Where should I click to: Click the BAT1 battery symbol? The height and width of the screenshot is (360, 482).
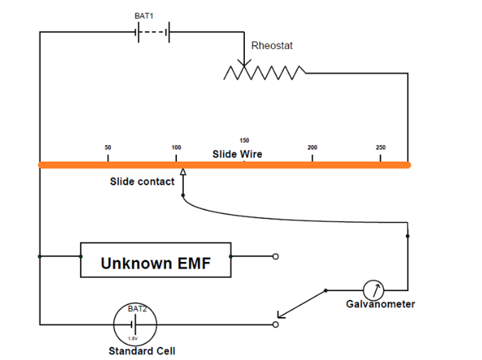pyautogui.click(x=153, y=32)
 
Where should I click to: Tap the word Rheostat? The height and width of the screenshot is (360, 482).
pyautogui.click(x=272, y=46)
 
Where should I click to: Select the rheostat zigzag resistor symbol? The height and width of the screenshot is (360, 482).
pyautogui.click(x=265, y=71)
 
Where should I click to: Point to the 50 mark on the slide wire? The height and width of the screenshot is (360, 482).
pyautogui.click(x=108, y=148)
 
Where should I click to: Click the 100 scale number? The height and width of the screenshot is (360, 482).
pyautogui.click(x=176, y=148)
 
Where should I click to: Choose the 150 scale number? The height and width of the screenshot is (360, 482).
pyautogui.click(x=244, y=140)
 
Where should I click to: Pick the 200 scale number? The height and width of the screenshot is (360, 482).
pyautogui.click(x=313, y=148)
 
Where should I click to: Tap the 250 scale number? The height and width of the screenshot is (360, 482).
pyautogui.click(x=380, y=148)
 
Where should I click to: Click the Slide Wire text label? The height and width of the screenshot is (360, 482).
pyautogui.click(x=237, y=154)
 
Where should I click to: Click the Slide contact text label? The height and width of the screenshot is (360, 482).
pyautogui.click(x=142, y=182)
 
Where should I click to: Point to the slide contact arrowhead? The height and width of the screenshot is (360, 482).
pyautogui.click(x=183, y=173)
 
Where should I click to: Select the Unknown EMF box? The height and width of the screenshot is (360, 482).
pyautogui.click(x=156, y=260)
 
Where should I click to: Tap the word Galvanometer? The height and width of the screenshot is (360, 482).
pyautogui.click(x=380, y=304)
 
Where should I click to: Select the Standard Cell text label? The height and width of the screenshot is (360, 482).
pyautogui.click(x=142, y=351)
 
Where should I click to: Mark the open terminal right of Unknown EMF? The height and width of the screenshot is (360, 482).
pyautogui.click(x=276, y=256)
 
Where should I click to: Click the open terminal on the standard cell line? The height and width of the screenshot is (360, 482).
pyautogui.click(x=276, y=323)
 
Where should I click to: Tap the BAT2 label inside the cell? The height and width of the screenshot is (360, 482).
pyautogui.click(x=136, y=309)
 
